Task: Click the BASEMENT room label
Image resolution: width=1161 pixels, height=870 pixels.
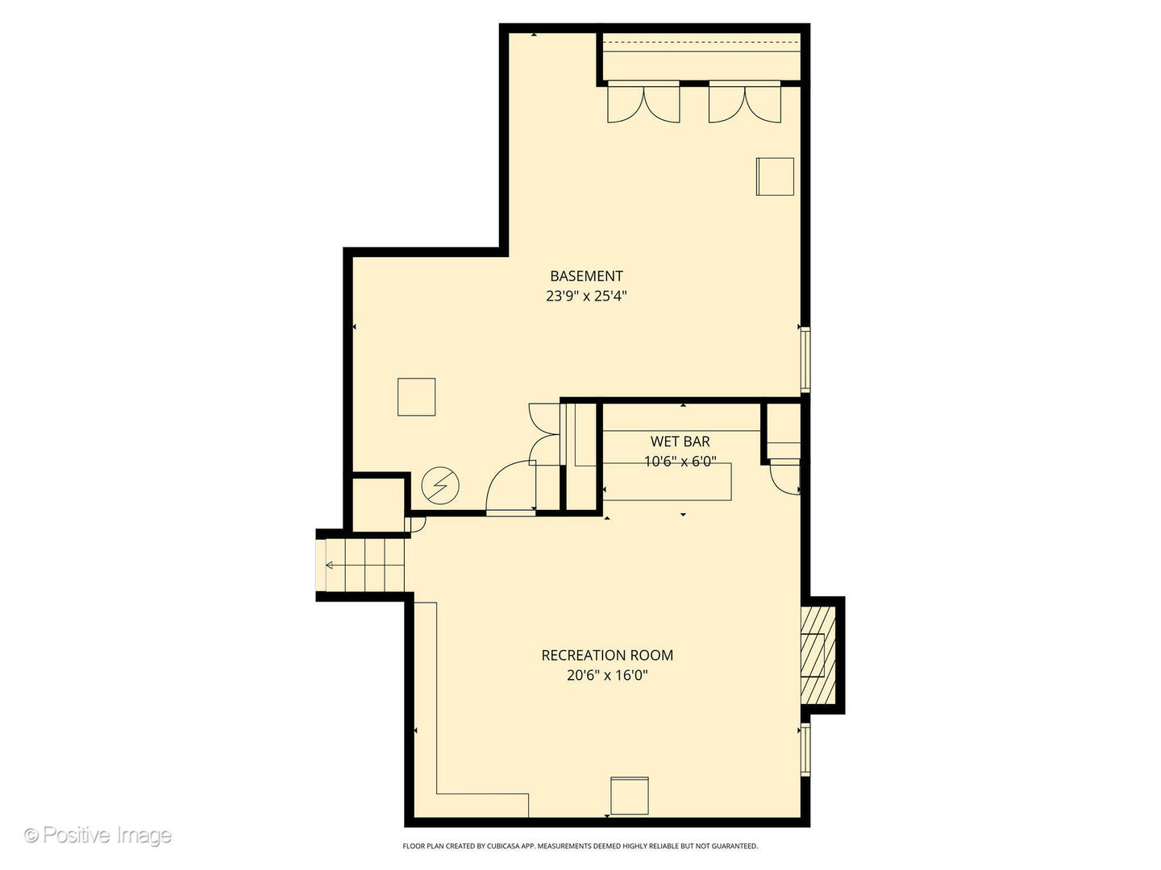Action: tap(586, 276)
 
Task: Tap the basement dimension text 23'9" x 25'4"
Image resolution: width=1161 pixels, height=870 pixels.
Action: tap(586, 296)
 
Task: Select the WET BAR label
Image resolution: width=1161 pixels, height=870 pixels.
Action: tap(680, 441)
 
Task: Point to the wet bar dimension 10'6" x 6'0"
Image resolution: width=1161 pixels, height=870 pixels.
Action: tap(680, 462)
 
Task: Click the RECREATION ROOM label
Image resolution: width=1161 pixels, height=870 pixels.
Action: tap(607, 655)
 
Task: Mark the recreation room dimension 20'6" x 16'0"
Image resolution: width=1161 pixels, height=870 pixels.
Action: tap(607, 675)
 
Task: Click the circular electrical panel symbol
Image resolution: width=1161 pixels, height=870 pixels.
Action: tap(440, 486)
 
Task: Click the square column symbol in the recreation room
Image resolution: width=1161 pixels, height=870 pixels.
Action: tap(629, 796)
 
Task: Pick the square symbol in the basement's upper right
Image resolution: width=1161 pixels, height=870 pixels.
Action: tap(775, 176)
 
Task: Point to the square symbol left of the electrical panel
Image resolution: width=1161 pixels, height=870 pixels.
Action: tap(416, 397)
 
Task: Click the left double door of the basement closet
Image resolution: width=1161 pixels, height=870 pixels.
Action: tap(643, 103)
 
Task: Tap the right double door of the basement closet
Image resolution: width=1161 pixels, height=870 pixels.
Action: tap(744, 103)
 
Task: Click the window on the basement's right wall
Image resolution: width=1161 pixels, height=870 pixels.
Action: tap(805, 359)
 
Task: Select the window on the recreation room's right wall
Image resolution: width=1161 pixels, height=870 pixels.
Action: tap(805, 750)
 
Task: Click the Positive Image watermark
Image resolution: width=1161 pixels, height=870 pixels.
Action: tap(98, 835)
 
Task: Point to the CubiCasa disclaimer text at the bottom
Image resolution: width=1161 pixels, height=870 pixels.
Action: tap(580, 846)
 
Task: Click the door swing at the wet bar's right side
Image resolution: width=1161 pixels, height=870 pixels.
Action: tap(784, 477)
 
